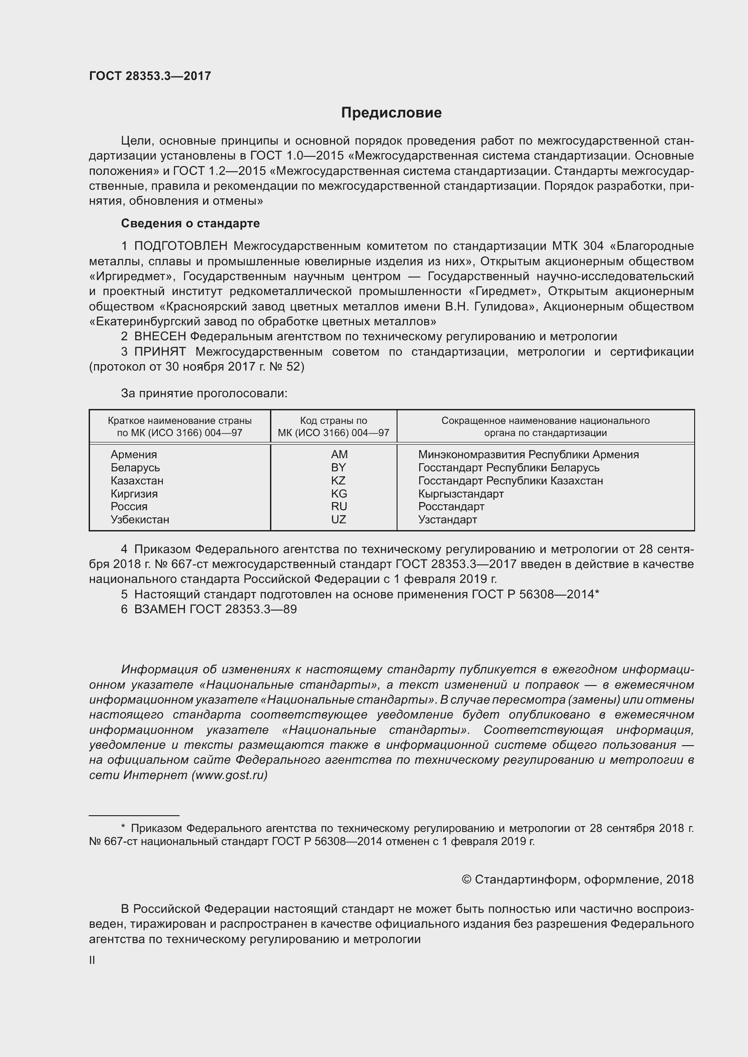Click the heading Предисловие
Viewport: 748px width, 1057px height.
click(x=391, y=113)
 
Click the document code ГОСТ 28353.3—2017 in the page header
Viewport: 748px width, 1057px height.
click(x=150, y=76)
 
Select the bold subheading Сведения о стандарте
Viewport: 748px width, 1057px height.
click(x=190, y=223)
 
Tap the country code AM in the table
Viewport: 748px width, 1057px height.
click(x=339, y=454)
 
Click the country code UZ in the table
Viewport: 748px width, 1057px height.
click(x=338, y=520)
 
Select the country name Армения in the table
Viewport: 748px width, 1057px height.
click(x=133, y=454)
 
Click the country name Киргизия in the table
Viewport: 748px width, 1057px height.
click(x=134, y=494)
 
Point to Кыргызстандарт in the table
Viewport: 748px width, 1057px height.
click(x=460, y=494)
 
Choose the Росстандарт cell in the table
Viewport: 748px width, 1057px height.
click(x=451, y=507)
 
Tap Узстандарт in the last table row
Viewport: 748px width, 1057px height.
click(x=447, y=520)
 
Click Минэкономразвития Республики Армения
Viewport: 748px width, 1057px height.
click(x=528, y=454)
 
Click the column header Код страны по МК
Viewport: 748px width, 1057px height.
click(x=333, y=427)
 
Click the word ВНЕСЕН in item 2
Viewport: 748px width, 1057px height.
click(x=160, y=337)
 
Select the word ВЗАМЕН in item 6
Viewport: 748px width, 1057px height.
click(x=160, y=610)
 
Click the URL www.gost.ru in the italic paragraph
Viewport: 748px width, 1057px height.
click(x=229, y=775)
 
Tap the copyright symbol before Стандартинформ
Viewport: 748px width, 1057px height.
click(x=466, y=880)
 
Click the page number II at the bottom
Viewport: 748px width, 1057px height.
click(x=92, y=960)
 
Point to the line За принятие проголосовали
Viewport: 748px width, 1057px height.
click(x=204, y=394)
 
